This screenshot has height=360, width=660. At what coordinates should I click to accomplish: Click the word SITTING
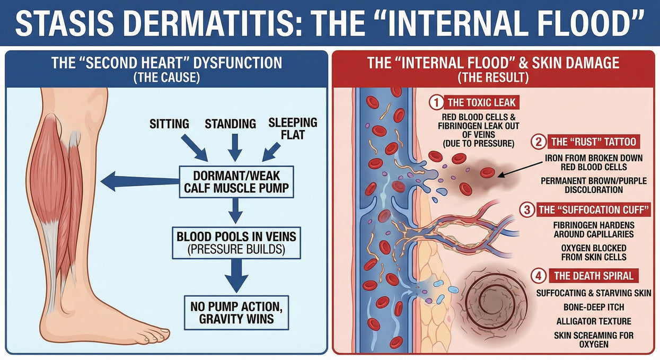pyautogui.click(x=169, y=124)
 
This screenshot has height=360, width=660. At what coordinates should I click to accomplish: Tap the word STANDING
pyautogui.click(x=231, y=124)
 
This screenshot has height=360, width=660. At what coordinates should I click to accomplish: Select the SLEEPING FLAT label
pyautogui.click(x=293, y=129)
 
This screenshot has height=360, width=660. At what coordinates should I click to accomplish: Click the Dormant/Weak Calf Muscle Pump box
pyautogui.click(x=236, y=182)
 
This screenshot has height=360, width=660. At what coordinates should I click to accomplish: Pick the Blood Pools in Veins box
pyautogui.click(x=236, y=243)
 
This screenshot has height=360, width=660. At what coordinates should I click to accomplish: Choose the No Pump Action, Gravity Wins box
pyautogui.click(x=236, y=313)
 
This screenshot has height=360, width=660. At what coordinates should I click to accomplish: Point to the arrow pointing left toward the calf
pyautogui.click(x=140, y=181)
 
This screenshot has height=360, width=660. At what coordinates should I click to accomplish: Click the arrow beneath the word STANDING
pyautogui.click(x=235, y=147)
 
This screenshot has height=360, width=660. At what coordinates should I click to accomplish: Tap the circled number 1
pyautogui.click(x=436, y=102)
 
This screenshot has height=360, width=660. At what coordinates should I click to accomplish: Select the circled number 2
pyautogui.click(x=539, y=142)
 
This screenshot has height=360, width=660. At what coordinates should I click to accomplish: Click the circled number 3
pyautogui.click(x=527, y=210)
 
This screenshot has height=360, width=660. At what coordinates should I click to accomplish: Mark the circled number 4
pyautogui.click(x=539, y=276)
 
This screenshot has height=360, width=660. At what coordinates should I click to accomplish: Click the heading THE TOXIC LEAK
pyautogui.click(x=481, y=102)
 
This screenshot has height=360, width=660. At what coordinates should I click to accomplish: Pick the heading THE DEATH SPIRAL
pyautogui.click(x=593, y=276)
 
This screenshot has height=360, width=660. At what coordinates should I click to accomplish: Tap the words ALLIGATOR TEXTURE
pyautogui.click(x=594, y=321)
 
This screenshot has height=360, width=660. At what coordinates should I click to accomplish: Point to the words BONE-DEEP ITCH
pyautogui.click(x=594, y=308)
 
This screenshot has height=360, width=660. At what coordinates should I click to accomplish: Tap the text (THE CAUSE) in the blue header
pyautogui.click(x=166, y=77)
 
